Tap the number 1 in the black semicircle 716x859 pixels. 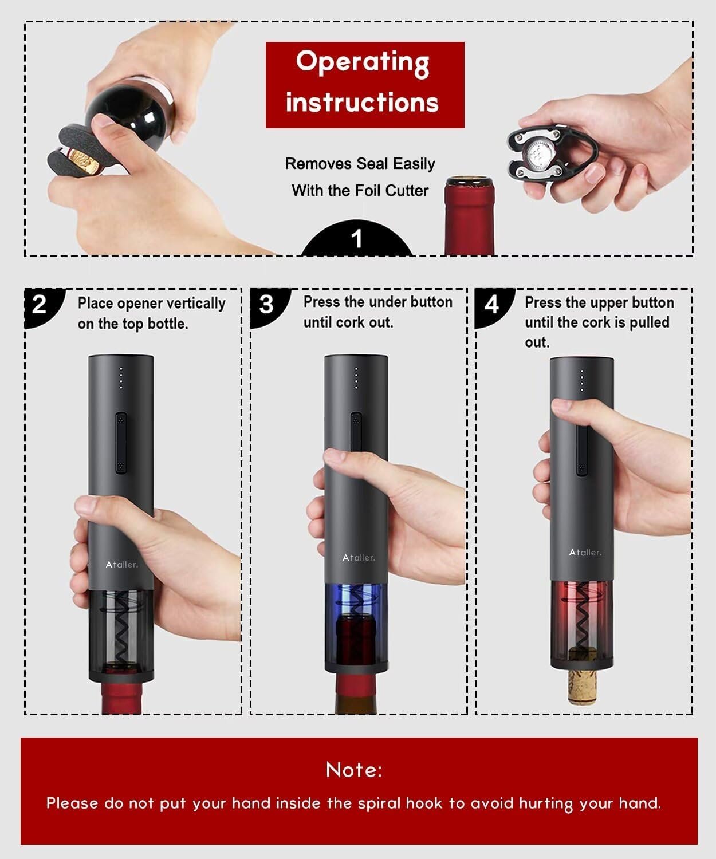[x=357, y=239]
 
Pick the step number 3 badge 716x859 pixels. [x=268, y=306]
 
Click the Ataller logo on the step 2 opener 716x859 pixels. [x=122, y=565]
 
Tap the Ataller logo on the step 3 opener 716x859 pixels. [x=359, y=557]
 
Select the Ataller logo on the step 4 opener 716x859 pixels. [x=585, y=553]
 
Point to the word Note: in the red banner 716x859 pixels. [x=354, y=770]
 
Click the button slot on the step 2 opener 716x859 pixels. [x=121, y=443]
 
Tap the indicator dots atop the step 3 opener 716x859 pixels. [x=356, y=377]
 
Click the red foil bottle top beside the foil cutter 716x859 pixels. [x=470, y=215]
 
